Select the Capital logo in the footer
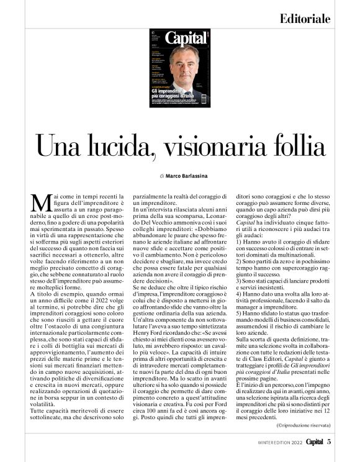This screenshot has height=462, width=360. point(312,442)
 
